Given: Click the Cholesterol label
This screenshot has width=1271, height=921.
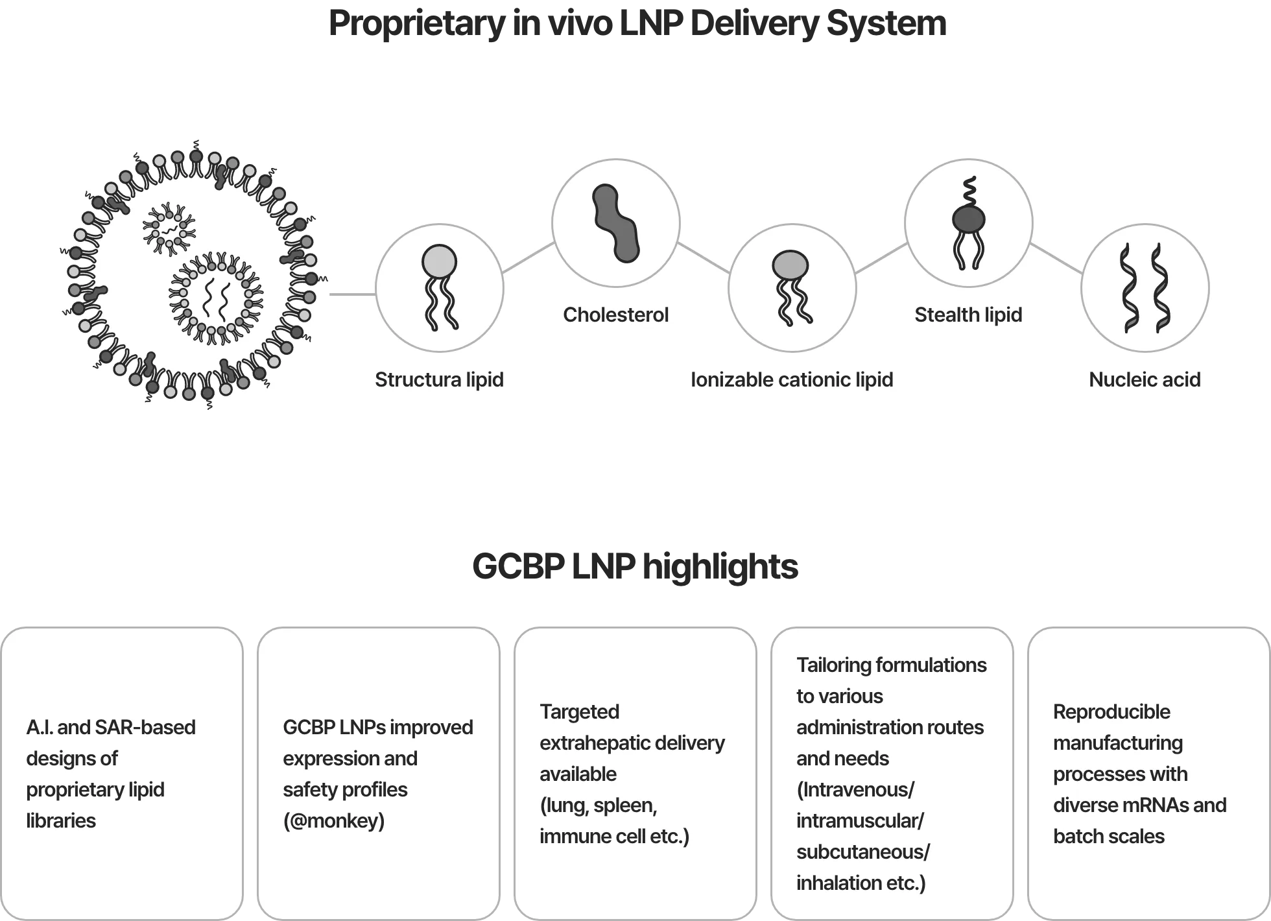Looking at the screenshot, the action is (615, 315).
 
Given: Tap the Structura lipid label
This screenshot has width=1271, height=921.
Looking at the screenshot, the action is (439, 379).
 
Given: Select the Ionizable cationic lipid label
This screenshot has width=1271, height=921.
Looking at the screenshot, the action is (792, 379).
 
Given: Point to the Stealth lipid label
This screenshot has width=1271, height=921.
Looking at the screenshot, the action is (968, 315).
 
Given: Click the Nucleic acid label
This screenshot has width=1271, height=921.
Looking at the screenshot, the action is (1145, 379).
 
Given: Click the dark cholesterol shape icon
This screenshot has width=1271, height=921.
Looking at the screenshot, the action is (616, 223).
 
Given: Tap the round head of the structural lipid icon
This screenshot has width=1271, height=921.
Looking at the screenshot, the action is (439, 262).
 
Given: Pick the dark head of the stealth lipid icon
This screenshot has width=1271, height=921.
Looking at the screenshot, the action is (969, 219).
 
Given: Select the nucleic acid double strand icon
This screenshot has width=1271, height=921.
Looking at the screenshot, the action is (1145, 288).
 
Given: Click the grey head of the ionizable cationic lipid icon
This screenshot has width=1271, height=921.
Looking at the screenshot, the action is (790, 265).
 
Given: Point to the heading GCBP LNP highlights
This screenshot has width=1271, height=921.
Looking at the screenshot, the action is (635, 566).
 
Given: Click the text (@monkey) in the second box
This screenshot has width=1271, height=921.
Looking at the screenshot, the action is (334, 820).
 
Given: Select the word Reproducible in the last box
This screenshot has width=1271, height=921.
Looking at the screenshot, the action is (1111, 712).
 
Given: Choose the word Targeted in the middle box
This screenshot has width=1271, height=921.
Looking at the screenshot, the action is (579, 712).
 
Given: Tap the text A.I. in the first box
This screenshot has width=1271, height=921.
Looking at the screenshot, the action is (40, 727).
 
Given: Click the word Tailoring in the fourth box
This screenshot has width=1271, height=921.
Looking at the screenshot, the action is (833, 665).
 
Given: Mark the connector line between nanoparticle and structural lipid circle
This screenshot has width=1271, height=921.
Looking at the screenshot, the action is (353, 294).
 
